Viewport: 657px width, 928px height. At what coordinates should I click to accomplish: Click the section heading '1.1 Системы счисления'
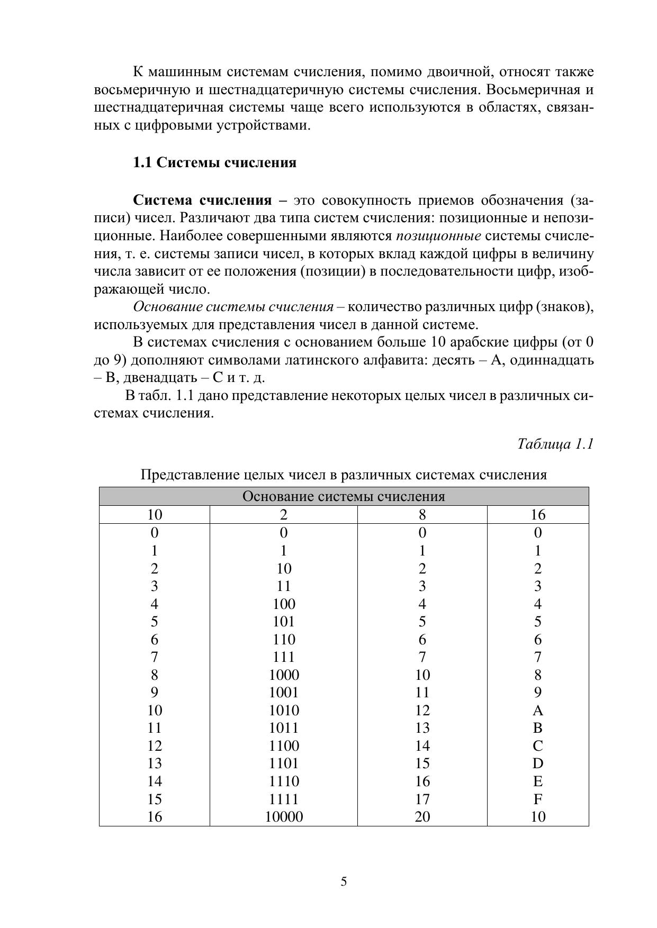click(214, 162)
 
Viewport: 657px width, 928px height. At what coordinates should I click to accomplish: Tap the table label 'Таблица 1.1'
click(555, 444)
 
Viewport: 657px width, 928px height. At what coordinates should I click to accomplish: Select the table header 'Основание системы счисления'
click(344, 496)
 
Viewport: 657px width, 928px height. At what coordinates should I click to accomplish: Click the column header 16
click(538, 515)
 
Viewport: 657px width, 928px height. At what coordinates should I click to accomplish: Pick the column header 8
click(422, 515)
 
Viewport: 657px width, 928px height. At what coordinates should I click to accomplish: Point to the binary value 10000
click(284, 817)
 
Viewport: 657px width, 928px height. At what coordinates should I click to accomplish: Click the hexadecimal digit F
click(538, 799)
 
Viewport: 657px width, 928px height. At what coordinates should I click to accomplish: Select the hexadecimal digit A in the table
click(538, 710)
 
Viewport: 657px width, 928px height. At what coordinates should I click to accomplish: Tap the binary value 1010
click(284, 710)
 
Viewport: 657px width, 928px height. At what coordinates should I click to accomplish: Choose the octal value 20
click(422, 817)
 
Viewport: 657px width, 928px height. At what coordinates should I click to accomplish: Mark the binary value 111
click(284, 657)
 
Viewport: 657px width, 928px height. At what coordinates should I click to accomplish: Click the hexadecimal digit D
click(538, 763)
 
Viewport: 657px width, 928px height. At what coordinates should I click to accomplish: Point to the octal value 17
click(422, 799)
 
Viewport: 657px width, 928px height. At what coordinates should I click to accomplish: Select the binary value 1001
click(284, 693)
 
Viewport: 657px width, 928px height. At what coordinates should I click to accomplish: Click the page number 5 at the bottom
click(344, 882)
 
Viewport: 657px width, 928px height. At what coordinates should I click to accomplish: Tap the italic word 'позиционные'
click(438, 236)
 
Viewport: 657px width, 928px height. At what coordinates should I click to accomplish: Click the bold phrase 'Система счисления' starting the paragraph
click(202, 201)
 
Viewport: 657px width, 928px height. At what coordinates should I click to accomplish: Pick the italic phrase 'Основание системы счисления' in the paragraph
click(233, 307)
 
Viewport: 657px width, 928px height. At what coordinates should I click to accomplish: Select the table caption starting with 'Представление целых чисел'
click(344, 475)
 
